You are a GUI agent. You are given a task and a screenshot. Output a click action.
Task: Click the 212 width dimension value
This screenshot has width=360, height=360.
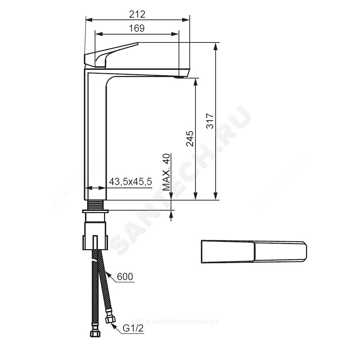(137, 14)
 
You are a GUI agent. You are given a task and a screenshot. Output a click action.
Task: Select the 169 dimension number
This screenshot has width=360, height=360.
(136, 28)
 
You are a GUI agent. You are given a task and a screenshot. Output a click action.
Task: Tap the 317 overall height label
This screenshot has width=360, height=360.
(210, 121)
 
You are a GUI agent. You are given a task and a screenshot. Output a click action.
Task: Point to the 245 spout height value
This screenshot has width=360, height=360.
(190, 139)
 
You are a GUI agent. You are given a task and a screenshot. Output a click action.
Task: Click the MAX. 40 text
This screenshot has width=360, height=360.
(166, 172)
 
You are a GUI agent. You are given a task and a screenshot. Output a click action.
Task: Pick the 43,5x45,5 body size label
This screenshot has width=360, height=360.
(130, 182)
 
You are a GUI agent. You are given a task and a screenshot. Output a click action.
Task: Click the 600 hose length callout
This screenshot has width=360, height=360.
(125, 276)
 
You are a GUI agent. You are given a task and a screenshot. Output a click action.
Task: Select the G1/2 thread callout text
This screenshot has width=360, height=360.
(133, 328)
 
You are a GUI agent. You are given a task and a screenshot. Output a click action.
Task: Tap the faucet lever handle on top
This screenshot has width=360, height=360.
(111, 55)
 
